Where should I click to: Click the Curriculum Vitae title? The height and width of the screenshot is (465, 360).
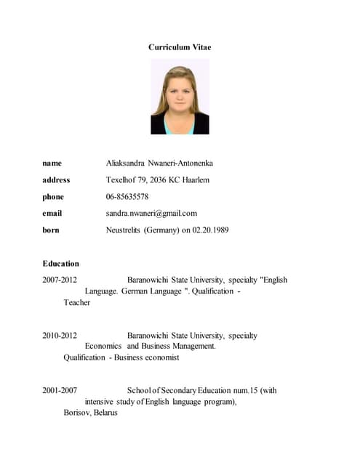point(180,47)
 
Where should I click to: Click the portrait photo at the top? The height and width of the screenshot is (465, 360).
point(180,97)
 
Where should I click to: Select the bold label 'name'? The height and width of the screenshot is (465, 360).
point(52,163)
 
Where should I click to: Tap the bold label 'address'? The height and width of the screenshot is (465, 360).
point(56,180)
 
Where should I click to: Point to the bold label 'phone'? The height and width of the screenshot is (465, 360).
point(53,197)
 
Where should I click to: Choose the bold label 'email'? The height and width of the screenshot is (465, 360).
point(52,214)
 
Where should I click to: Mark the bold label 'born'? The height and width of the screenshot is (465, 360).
point(51,230)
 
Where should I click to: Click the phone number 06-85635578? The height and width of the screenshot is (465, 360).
point(127,197)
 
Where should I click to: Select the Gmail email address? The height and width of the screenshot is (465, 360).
point(151,214)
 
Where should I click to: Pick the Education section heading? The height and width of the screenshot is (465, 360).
point(60,264)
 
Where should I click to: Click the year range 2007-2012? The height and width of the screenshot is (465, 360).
point(60,280)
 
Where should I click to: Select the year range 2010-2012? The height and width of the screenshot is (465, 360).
point(60,336)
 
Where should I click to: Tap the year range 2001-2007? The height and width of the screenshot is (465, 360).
point(60,391)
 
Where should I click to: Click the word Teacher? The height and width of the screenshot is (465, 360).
point(77,303)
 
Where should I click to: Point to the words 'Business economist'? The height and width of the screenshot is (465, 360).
point(143,358)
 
